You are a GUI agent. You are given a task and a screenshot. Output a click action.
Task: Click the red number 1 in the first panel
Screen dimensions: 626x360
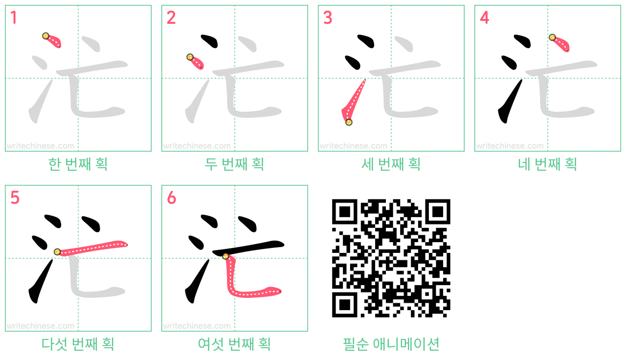[14, 18]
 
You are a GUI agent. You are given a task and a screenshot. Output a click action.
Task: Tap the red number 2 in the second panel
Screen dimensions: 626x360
[171, 18]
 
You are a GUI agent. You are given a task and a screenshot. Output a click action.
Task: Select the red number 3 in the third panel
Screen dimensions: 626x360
[328, 18]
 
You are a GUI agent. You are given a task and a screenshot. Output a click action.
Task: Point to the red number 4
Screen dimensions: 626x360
[484, 18]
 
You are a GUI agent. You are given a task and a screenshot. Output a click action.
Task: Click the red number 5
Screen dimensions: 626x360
[15, 198]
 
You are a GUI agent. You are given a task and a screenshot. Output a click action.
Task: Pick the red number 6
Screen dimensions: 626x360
[171, 198]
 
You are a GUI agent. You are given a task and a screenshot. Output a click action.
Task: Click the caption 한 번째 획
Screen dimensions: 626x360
[78, 164]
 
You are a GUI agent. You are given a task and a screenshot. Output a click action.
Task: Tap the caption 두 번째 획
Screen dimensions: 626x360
[234, 164]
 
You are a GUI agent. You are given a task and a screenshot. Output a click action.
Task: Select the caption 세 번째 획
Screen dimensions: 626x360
[391, 164]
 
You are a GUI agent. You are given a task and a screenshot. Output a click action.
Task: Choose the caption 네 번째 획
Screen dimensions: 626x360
[547, 164]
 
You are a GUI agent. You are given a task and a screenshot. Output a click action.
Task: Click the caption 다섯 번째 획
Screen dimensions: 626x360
[78, 344]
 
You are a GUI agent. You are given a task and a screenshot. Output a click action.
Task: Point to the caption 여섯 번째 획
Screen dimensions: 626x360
[234, 344]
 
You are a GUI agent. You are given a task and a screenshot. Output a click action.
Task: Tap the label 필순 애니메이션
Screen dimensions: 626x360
[391, 344]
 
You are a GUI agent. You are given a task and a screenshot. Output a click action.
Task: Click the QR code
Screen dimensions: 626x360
[391, 258]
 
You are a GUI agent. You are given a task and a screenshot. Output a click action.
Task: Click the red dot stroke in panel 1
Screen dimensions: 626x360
[53, 41]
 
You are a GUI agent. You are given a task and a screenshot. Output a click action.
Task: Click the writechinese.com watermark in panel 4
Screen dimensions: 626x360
[510, 146]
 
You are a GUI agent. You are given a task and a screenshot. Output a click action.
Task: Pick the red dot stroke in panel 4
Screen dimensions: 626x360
[560, 44]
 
